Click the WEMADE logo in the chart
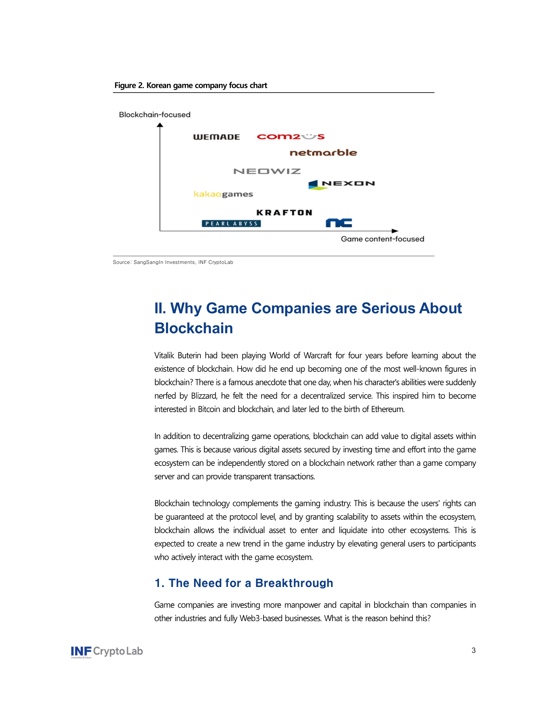(x=217, y=137)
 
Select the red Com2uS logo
(x=290, y=136)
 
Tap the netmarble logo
(x=323, y=153)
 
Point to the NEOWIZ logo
(x=267, y=171)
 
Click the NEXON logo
(x=341, y=184)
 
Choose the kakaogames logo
(x=223, y=194)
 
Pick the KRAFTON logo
(x=284, y=213)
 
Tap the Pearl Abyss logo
(x=231, y=223)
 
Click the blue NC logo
(x=338, y=223)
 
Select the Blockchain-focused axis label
(x=154, y=115)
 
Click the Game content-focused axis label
(x=382, y=239)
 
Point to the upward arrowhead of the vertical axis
(x=160, y=125)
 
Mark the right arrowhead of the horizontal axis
(x=395, y=231)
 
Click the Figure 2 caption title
(x=190, y=85)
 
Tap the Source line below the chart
(x=173, y=262)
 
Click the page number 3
(x=473, y=650)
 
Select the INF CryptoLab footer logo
(x=107, y=652)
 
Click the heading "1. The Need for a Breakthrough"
(x=244, y=583)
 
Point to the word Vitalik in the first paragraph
(x=164, y=356)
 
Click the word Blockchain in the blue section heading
(x=193, y=328)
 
